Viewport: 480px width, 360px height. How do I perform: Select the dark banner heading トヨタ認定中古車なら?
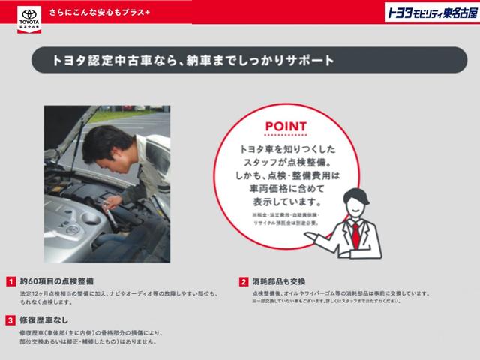click(x=191, y=58)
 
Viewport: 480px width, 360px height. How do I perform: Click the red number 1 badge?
click(x=11, y=281)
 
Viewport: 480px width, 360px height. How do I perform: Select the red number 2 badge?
click(x=244, y=281)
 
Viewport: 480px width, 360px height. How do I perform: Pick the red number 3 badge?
click(x=11, y=320)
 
